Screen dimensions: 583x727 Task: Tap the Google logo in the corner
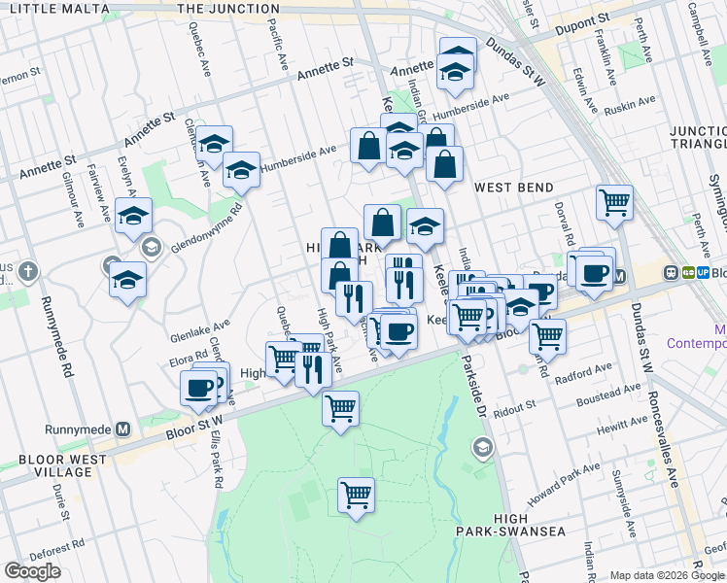[x=32, y=571]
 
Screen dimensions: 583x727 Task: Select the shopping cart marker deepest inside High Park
[x=357, y=495]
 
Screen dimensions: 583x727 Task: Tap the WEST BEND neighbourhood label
[x=512, y=187]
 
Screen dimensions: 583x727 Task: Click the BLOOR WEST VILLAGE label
[x=59, y=465]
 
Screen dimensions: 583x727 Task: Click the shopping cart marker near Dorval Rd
[x=614, y=202]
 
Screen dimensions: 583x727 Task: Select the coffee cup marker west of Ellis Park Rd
[x=198, y=389]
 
